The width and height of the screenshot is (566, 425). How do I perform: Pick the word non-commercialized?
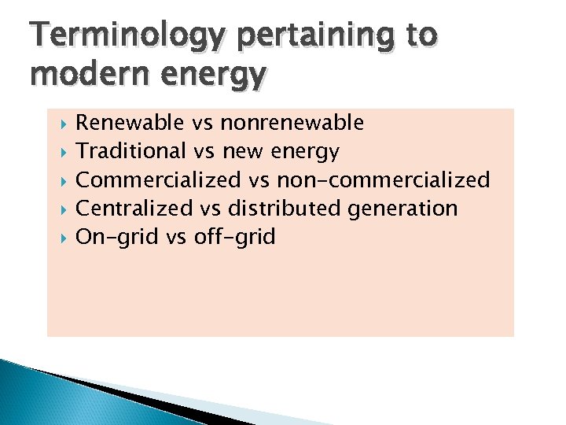[383, 179]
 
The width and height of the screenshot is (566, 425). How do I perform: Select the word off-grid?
[233, 237]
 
